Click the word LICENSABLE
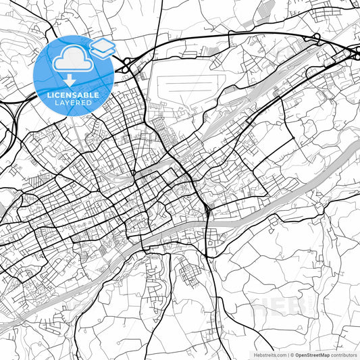(73, 96)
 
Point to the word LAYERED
(73, 103)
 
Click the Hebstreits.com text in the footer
(269, 354)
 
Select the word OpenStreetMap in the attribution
(312, 354)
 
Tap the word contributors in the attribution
(344, 354)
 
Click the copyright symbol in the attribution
(291, 354)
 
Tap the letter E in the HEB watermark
(279, 308)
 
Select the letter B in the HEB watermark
(296, 308)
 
